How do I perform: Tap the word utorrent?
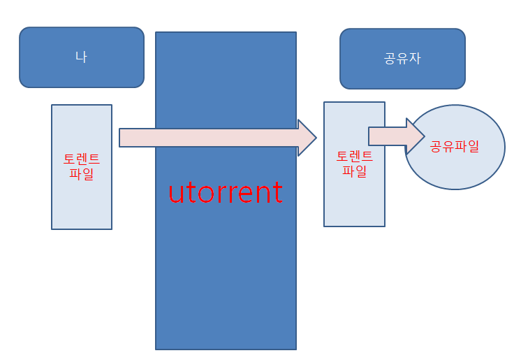pyautogui.click(x=226, y=193)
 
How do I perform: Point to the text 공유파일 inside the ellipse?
pyautogui.click(x=455, y=147)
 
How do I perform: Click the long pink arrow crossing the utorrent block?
pyautogui.click(x=210, y=138)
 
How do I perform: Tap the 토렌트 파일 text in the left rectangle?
pyautogui.click(x=82, y=166)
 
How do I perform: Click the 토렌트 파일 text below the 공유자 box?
pyautogui.click(x=354, y=163)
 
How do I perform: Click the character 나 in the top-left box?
pyautogui.click(x=81, y=57)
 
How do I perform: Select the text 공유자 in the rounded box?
pyautogui.click(x=402, y=59)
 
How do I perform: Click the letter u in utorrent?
pyautogui.click(x=175, y=194)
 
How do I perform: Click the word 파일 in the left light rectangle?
pyautogui.click(x=82, y=174)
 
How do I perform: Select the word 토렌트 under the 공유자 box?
pyautogui.click(x=354, y=156)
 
